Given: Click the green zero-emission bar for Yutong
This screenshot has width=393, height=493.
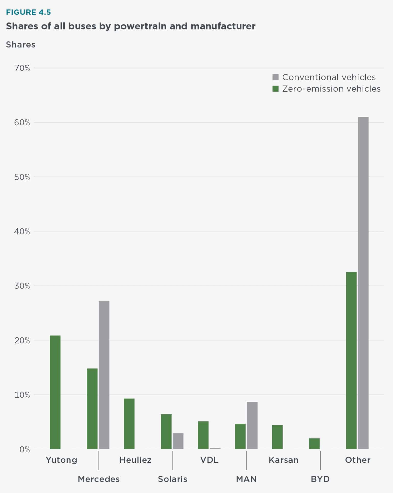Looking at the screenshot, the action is pos(55,392).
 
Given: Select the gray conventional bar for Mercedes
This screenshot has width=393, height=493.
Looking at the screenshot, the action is pos(104,375).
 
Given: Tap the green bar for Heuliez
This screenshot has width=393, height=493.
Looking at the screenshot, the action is pos(129,424).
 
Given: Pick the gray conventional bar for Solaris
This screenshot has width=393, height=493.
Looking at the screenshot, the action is pos(178,441).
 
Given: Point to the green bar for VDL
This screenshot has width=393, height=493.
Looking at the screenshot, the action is pos(203,435).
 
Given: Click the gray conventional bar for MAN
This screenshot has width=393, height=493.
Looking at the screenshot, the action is pos(252,425).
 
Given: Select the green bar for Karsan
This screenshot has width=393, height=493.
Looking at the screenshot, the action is pos(277,437).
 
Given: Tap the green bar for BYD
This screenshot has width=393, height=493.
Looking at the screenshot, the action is pos(314,444).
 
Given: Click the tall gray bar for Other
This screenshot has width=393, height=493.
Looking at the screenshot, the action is pos(363,283).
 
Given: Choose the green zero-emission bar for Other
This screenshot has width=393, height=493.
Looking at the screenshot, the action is pos(351,360).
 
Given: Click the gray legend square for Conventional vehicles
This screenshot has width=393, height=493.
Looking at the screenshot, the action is pos(275,77).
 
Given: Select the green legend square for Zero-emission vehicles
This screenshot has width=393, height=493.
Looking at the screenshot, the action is pos(275,89).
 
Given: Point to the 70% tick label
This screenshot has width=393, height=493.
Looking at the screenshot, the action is pos(22,68).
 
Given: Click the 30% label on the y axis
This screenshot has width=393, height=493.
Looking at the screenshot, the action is pos(22,286).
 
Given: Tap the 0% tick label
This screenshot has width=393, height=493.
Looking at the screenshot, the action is pos(25,449).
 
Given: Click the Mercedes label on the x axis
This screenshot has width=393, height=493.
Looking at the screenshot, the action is pos(99,479).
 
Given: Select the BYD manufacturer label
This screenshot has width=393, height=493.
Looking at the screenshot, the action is pos(320,479).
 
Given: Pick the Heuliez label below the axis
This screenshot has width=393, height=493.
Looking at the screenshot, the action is pos(135,460).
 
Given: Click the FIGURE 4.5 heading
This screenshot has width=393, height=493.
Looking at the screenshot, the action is pos(29,12).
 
